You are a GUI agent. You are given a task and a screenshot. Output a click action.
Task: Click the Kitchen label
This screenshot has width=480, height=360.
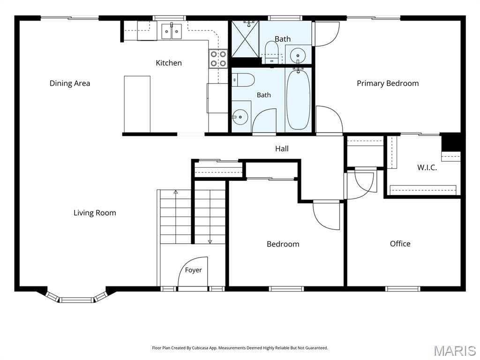169,63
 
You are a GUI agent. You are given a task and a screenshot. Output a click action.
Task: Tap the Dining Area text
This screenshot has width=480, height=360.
70,83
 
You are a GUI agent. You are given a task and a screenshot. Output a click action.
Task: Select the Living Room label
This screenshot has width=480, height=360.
95,213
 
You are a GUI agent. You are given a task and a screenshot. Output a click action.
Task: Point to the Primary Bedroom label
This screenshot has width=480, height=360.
388,83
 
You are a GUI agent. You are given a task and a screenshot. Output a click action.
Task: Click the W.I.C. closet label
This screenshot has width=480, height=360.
427,167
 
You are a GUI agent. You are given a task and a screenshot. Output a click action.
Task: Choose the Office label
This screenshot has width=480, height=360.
400,244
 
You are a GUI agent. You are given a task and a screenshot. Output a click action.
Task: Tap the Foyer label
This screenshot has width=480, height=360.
194,270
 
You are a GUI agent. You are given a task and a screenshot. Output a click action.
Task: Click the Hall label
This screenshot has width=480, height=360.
282,149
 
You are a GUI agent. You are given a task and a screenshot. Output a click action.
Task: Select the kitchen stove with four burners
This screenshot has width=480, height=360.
218,59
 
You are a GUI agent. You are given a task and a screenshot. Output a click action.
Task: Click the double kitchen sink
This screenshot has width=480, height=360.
172,31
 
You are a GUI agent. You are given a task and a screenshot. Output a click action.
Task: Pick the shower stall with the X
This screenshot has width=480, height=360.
245,38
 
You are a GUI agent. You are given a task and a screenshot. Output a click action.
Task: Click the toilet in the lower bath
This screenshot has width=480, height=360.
244,80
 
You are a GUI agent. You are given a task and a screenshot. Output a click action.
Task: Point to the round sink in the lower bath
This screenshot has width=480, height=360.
240,117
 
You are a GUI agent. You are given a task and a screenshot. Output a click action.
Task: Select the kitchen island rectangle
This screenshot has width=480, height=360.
137,104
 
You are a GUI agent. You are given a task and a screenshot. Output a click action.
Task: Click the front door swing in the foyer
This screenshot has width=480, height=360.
193,271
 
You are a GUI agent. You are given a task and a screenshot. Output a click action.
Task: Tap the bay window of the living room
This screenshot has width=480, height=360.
76,297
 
